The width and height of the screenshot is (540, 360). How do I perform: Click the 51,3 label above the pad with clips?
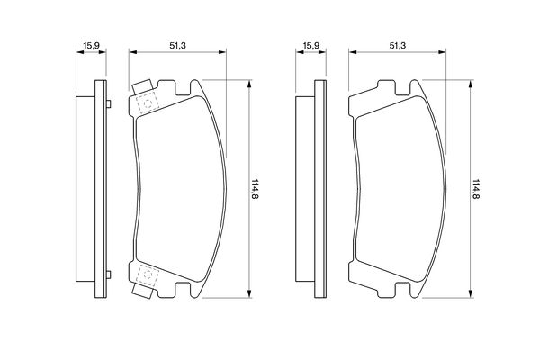(x=177, y=46)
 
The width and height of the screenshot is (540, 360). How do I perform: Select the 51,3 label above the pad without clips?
(x=398, y=46)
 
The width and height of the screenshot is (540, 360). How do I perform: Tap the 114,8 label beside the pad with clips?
(x=255, y=189)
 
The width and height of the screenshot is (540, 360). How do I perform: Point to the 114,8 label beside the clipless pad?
(x=475, y=189)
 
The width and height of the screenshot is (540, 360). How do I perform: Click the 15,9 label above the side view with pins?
(x=91, y=46)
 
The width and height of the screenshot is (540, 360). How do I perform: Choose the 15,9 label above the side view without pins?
(x=311, y=46)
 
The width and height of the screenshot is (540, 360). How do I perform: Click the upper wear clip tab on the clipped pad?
(x=142, y=86)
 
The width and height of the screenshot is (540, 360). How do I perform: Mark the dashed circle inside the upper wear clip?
(x=148, y=103)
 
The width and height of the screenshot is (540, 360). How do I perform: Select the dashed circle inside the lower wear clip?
(x=148, y=274)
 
